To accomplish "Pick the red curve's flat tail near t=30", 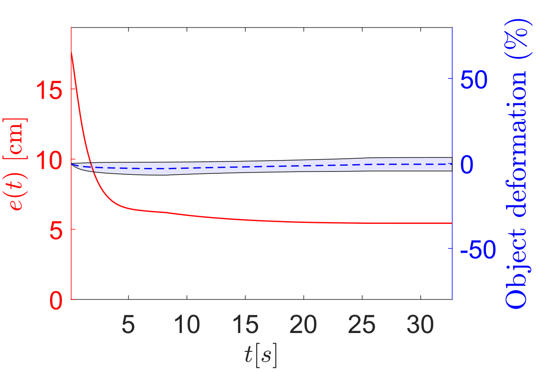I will pyautogui.click(x=421, y=223).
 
